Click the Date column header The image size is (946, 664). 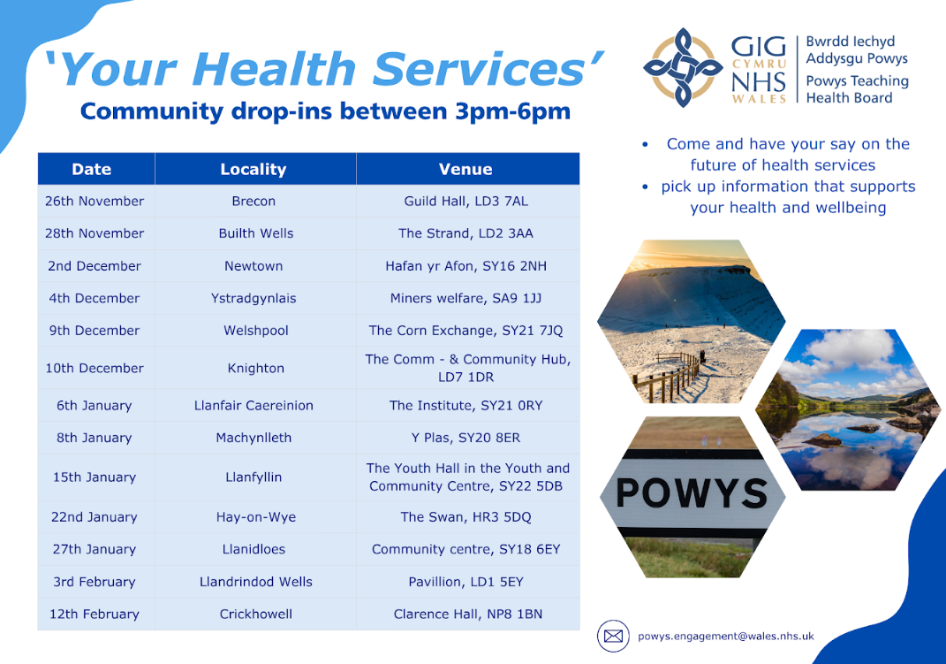point(92,169)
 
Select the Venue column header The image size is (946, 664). point(465,169)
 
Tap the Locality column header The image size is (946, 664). point(254,169)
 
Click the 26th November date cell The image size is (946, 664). point(95,201)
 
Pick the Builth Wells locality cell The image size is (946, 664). point(256,233)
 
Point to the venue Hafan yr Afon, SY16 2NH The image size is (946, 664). point(465,266)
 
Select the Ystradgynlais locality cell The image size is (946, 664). point(254,298)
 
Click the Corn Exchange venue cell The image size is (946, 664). point(465,331)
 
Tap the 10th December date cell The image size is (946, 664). point(95,368)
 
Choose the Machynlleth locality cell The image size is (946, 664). point(254,438)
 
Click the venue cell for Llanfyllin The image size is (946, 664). point(467,477)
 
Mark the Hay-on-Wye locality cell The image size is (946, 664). point(256,517)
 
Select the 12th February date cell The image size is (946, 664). point(95,614)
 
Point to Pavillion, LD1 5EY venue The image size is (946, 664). point(465,582)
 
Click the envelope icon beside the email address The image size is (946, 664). point(614,637)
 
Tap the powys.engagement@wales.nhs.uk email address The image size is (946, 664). point(726,637)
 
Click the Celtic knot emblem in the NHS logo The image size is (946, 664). point(683,67)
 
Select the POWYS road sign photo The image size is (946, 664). point(692,497)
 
